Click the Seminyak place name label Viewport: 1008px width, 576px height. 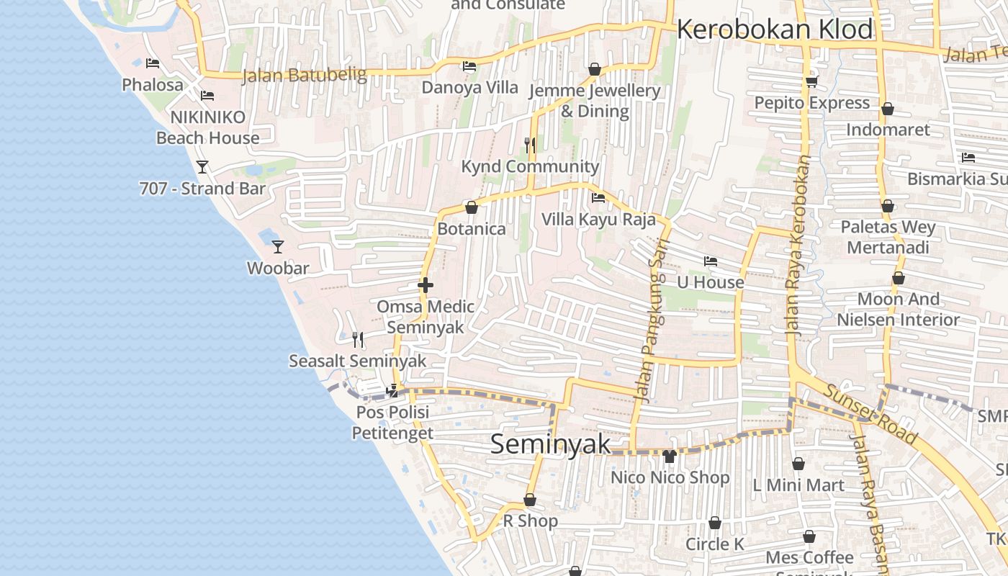550,444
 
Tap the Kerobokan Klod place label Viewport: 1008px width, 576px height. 775,30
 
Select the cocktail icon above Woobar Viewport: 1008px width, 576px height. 278,247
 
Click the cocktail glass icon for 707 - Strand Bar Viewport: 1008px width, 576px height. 202,167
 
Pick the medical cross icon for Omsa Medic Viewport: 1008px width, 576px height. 426,285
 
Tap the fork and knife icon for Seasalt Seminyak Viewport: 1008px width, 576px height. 358,339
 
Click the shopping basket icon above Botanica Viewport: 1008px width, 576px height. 472,207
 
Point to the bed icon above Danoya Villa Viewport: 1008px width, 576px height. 469,66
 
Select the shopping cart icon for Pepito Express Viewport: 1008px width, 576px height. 812,81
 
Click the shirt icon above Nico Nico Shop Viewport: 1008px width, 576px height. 670,456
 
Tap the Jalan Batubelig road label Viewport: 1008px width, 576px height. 304,74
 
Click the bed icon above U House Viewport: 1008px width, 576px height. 711,261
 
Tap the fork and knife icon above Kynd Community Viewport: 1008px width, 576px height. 530,145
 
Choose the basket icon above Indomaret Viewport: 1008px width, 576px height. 888,109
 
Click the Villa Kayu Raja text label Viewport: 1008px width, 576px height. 598,219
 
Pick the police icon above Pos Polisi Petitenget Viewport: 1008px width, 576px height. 392,390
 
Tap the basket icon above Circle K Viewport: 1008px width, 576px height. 715,523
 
